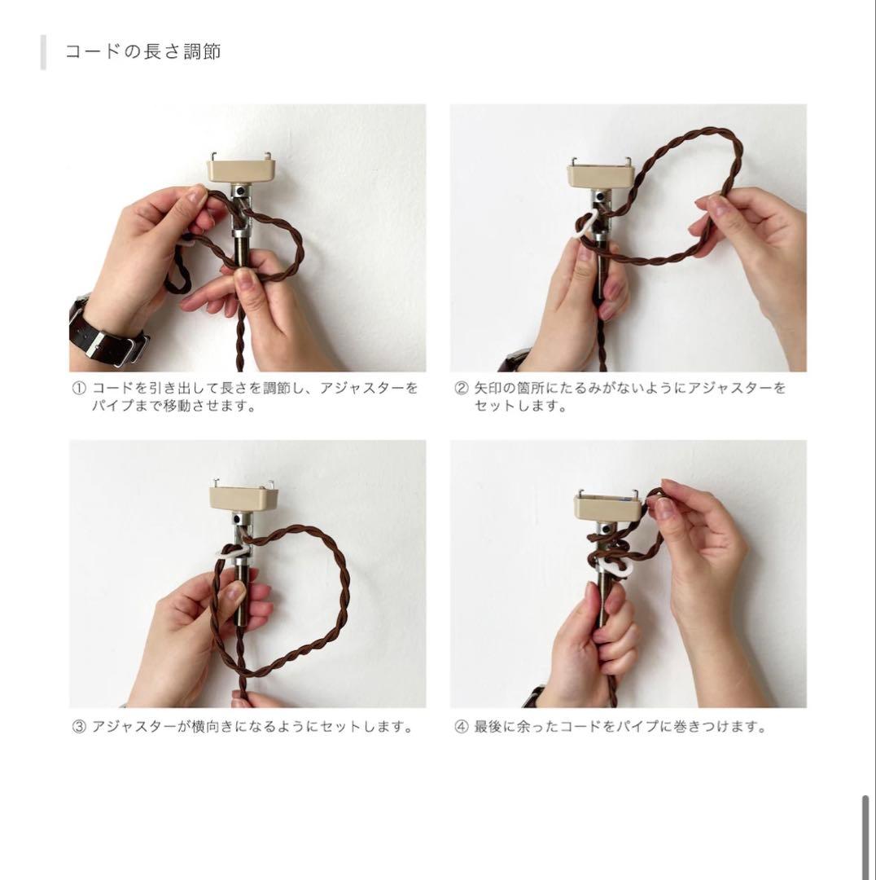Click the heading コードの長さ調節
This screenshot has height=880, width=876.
click(x=142, y=52)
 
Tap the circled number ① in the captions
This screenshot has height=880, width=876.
click(x=79, y=389)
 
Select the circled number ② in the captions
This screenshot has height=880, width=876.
click(x=461, y=389)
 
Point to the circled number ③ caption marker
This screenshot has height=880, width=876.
click(x=79, y=727)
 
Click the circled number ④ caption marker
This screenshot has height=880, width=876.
click(x=461, y=727)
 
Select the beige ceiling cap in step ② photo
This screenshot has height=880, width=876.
click(x=602, y=175)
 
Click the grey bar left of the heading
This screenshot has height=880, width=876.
click(x=43, y=52)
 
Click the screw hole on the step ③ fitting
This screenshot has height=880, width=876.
click(x=237, y=518)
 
